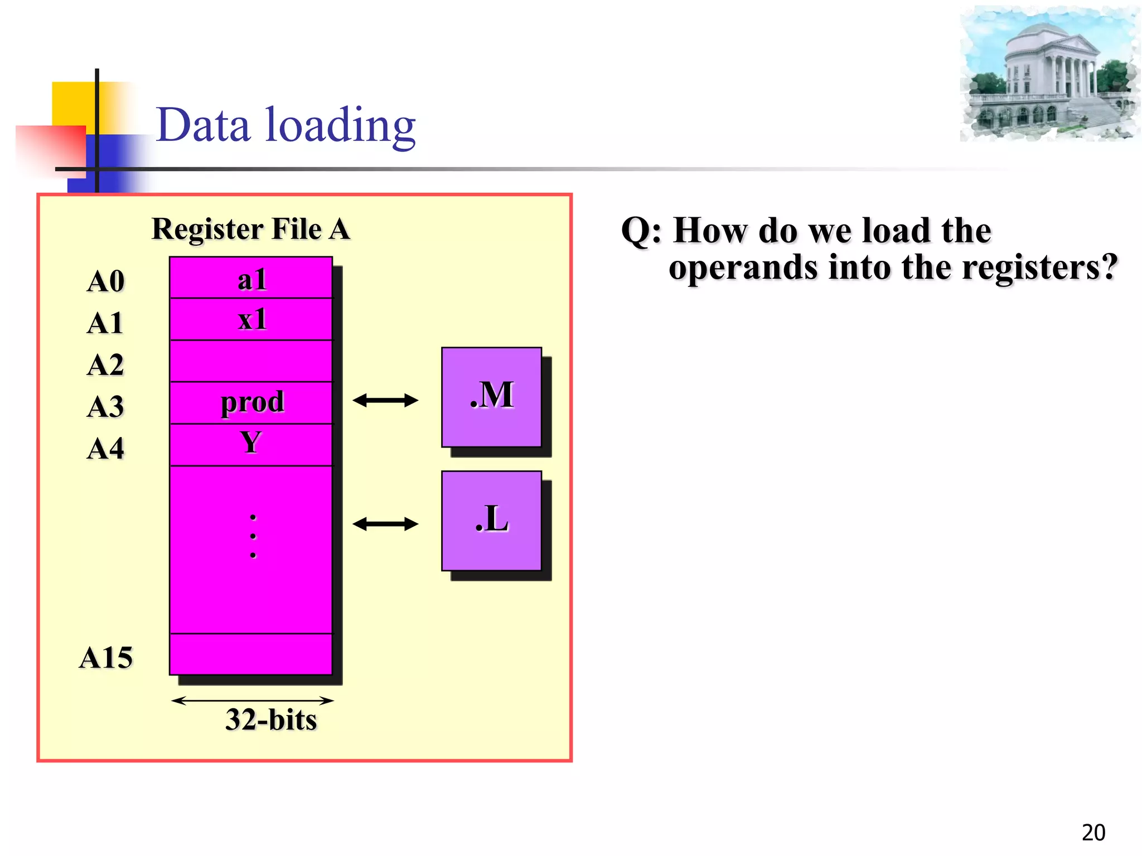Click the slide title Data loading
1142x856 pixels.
pos(285,125)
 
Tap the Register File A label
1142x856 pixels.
pos(251,229)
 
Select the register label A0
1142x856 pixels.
pos(105,281)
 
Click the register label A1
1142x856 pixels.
pos(105,323)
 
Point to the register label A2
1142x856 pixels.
pos(105,365)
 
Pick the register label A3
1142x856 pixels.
pos(105,406)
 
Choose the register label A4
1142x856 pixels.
pos(105,448)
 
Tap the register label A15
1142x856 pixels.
pos(106,658)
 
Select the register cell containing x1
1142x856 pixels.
pos(251,320)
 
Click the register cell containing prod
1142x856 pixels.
pos(251,402)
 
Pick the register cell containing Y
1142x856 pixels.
pos(251,444)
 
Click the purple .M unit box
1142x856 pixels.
pos(491,397)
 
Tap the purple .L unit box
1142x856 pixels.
pos(491,521)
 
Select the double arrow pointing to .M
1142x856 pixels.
pos(385,400)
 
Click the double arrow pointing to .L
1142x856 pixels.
pos(385,524)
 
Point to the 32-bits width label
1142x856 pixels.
pos(271,719)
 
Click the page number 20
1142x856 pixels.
pos(1093,833)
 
